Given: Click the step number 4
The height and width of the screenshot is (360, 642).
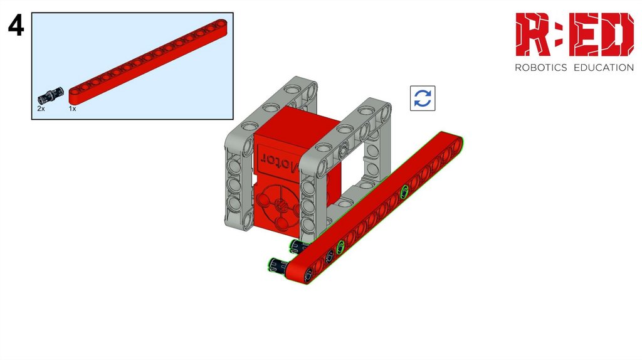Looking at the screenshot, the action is point(16,25).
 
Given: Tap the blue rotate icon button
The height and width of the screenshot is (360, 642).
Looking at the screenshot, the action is point(423,98).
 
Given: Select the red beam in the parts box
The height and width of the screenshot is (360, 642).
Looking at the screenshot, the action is point(148,61).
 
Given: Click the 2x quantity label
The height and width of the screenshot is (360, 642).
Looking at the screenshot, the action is point(41,109).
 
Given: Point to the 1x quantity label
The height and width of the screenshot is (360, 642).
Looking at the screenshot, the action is point(73,109).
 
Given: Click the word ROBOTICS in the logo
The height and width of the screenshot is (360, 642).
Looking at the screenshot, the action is point(541,68).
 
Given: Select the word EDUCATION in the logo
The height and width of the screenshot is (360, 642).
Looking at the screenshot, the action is point(604,68).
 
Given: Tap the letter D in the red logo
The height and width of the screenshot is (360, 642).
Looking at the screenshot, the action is point(618,34).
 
